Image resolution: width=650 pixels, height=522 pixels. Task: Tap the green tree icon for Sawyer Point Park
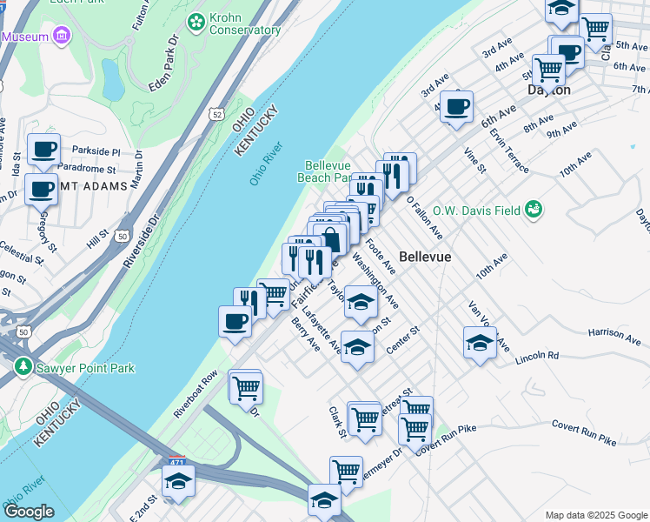tap(23, 368)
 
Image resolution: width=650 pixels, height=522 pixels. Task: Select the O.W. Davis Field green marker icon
tap(534, 208)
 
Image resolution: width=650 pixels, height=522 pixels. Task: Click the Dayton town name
tap(548, 90)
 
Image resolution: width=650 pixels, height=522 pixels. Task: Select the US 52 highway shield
tap(216, 114)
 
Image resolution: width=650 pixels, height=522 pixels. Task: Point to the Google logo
tap(29, 512)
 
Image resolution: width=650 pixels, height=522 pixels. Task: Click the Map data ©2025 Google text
tap(595, 515)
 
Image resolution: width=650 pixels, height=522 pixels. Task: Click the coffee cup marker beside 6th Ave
tap(455, 107)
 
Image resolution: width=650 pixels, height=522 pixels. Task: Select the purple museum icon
tap(61, 36)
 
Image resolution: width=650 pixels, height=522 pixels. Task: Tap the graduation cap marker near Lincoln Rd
tap(479, 343)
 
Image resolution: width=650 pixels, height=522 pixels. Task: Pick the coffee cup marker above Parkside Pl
tap(43, 148)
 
